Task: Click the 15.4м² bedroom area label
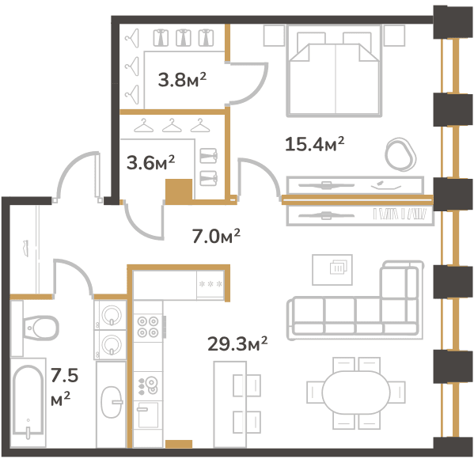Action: point(314,144)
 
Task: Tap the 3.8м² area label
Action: point(182,80)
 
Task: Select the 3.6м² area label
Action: point(150,163)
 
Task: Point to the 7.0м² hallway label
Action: point(216,236)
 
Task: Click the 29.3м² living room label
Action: point(237,343)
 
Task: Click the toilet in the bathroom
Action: point(35,328)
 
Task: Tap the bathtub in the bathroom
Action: point(28,402)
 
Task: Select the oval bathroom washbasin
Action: point(112,402)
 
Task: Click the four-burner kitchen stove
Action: point(148,327)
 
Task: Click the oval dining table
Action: point(356,393)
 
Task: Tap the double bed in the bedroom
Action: point(334,71)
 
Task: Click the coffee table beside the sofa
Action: point(332,270)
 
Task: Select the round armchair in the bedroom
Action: point(400,154)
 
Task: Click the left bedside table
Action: point(274,36)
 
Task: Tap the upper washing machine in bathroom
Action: point(111,315)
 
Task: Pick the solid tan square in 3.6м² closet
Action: point(179,190)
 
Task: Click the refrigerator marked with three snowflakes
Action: point(210,285)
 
